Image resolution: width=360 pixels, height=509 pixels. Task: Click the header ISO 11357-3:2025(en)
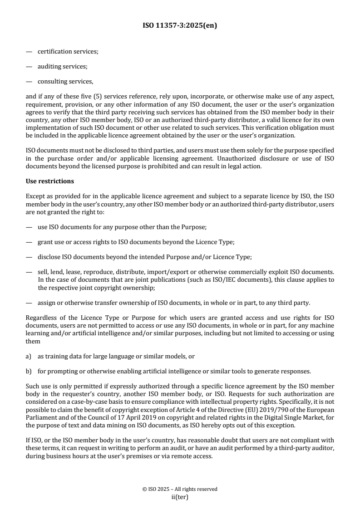pyautogui.click(x=180, y=26)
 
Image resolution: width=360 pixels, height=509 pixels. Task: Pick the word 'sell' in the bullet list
pyautogui.click(x=42, y=272)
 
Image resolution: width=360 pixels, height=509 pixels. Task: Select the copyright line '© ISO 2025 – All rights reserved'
pyautogui.click(x=180, y=489)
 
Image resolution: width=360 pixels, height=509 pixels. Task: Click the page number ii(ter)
pyautogui.click(x=180, y=497)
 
